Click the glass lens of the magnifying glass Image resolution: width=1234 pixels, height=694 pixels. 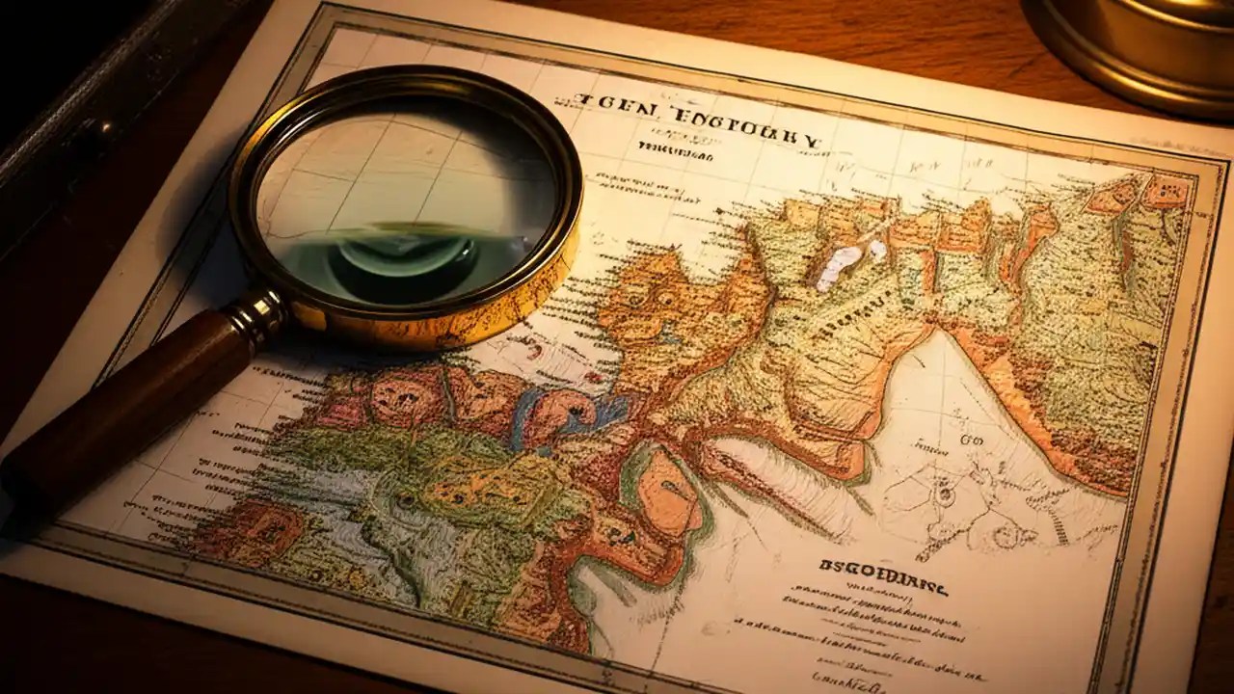pyautogui.click(x=405, y=193)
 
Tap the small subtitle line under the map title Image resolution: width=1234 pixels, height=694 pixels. pyautogui.click(x=675, y=151)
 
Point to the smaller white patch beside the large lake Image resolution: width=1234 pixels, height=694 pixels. pyautogui.click(x=876, y=249)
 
